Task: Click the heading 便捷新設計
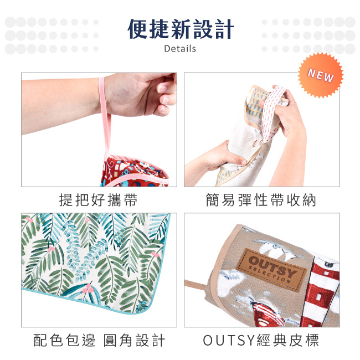pos(181,29)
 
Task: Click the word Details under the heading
pos(180,49)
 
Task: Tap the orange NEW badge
pos(321,75)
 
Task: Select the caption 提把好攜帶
pos(99,200)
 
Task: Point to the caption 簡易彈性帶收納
pos(261,200)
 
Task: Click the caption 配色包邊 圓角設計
pos(99,340)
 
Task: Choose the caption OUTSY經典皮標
pos(261,340)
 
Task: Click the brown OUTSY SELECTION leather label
pos(271,270)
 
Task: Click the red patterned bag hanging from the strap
pos(135,171)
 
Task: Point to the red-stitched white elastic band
pos(272,112)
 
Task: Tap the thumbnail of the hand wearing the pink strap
pos(99,130)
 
